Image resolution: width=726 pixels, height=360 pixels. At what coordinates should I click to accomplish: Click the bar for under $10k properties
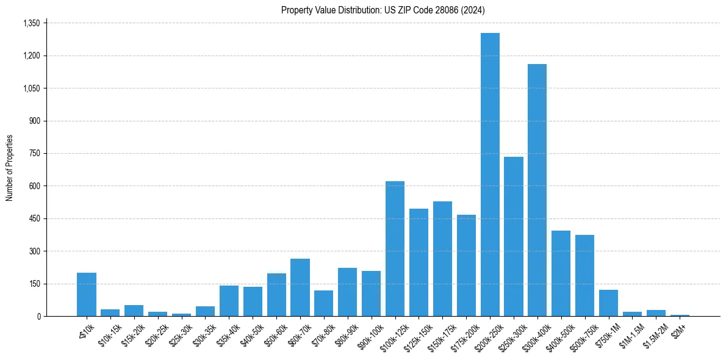pos(87,295)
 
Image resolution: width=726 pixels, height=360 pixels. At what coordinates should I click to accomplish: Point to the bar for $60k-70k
pos(300,287)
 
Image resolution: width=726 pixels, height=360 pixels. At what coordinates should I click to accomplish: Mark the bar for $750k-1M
pos(608,303)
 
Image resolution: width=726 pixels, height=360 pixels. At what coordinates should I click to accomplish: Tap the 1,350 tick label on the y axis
pos(31,23)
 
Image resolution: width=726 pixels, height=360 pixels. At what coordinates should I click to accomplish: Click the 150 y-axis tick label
pos(34,284)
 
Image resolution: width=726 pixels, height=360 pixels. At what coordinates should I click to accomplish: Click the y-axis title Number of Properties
pos(10,168)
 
